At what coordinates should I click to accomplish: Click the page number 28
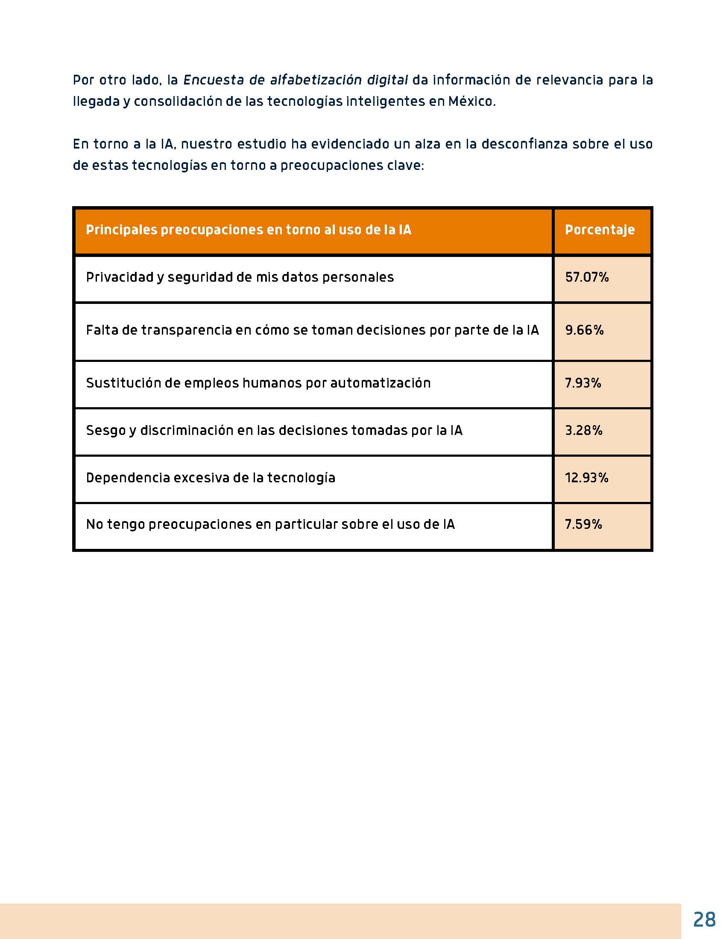click(x=704, y=919)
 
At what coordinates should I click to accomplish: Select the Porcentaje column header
click(x=600, y=230)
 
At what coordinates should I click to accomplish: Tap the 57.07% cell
click(x=587, y=277)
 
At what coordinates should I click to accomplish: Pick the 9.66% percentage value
click(x=584, y=330)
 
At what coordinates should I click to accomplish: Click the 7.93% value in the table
click(x=583, y=383)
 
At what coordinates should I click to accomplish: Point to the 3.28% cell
click(x=583, y=430)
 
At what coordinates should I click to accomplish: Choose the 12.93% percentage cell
click(x=587, y=478)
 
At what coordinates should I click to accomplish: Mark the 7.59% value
click(x=583, y=524)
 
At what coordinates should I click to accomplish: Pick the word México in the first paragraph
click(x=471, y=102)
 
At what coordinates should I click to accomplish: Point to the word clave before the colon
click(x=404, y=166)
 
